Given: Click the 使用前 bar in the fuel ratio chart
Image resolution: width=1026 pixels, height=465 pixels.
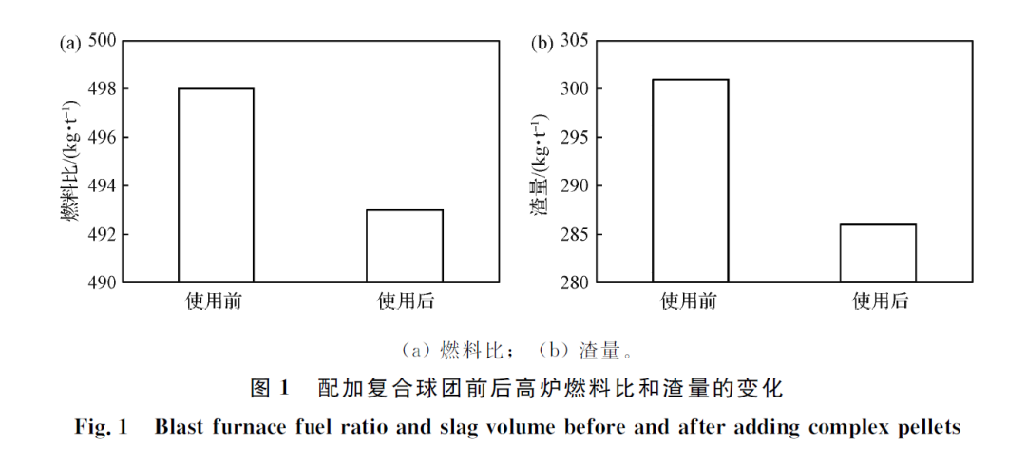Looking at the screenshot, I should pos(216,185).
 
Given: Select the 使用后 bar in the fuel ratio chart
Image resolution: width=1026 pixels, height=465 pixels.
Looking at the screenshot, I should pos(405,245).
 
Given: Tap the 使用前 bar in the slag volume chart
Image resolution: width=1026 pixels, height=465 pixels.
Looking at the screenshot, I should pos(690,181).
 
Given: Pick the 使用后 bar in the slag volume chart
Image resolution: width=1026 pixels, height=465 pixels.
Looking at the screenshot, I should pos(878,253).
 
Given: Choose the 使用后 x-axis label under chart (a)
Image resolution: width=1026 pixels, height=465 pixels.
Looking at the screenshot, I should pos(405,303).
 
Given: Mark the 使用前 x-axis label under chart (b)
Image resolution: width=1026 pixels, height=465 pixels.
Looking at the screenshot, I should pos(690,303).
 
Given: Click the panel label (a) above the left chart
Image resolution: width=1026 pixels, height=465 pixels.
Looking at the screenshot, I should pos(69,43).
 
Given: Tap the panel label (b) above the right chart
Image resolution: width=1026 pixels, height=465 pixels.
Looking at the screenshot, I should pos(541,43).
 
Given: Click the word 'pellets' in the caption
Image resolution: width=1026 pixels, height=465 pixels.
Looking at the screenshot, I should pos(929,427).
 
